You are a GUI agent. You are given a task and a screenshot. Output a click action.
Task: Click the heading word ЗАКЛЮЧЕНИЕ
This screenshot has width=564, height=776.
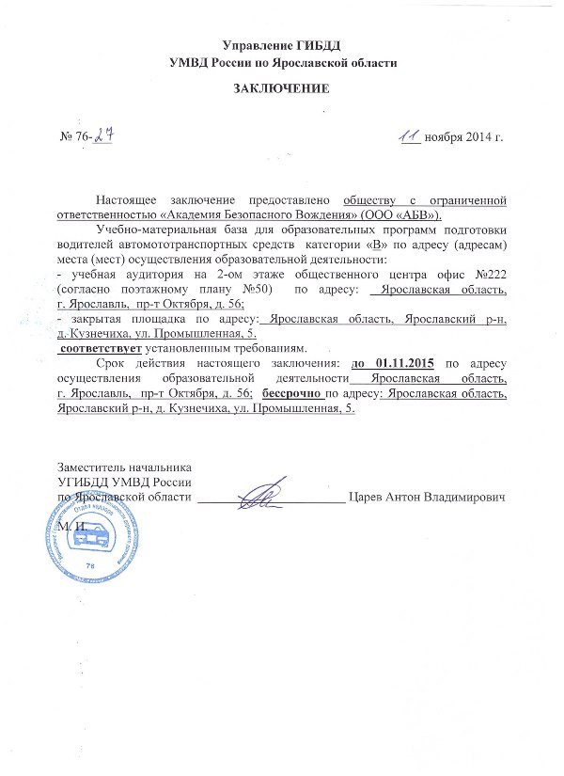tap(282, 89)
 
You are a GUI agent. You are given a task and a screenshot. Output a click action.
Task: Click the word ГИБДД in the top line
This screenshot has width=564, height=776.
tap(319, 44)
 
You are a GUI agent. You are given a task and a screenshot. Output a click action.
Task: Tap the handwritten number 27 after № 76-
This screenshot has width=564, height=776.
tap(102, 135)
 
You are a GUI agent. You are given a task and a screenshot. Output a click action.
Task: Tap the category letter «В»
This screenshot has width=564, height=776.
tap(379, 245)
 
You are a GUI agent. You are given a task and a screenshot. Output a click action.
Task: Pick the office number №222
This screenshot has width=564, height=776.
tap(488, 274)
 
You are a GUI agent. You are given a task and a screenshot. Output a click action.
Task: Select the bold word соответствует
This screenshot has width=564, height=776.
tap(100, 349)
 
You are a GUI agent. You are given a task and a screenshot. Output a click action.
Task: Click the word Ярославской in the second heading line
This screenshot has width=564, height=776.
tap(305, 62)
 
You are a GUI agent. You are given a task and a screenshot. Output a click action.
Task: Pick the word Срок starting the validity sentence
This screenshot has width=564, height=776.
tap(114, 364)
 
